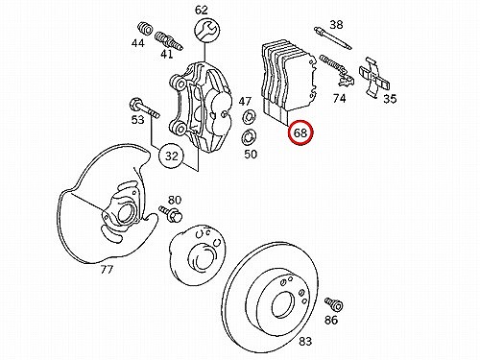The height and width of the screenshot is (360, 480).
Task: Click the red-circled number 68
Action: pos(300,133)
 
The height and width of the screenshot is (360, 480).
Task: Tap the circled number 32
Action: pos(172,156)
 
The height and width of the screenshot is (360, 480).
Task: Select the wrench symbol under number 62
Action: pos(206,31)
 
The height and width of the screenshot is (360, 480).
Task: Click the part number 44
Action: pos(138,43)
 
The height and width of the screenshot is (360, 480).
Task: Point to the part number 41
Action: pos(166,54)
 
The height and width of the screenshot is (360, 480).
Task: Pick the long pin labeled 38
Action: pos(333,38)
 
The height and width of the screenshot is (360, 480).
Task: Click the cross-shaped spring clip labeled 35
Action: pos(374,77)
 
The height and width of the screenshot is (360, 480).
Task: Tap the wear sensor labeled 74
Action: pos(338,70)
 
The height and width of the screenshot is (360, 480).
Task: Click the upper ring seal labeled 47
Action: pos(250,116)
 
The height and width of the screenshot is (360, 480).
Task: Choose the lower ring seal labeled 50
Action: pos(248,138)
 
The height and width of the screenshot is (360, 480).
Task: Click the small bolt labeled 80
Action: pos(171,214)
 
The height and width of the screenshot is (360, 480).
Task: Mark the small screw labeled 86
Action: pos(334,304)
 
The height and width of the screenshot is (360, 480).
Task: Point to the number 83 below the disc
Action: pos(305,341)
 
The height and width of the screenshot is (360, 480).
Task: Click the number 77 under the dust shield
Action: pos(107,270)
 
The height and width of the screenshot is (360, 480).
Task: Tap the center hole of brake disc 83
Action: pos(282,304)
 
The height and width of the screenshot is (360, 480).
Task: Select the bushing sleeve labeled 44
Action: pos(146,28)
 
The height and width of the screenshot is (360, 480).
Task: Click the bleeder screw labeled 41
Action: pos(169,41)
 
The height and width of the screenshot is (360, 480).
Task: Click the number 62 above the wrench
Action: pos(202,11)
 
